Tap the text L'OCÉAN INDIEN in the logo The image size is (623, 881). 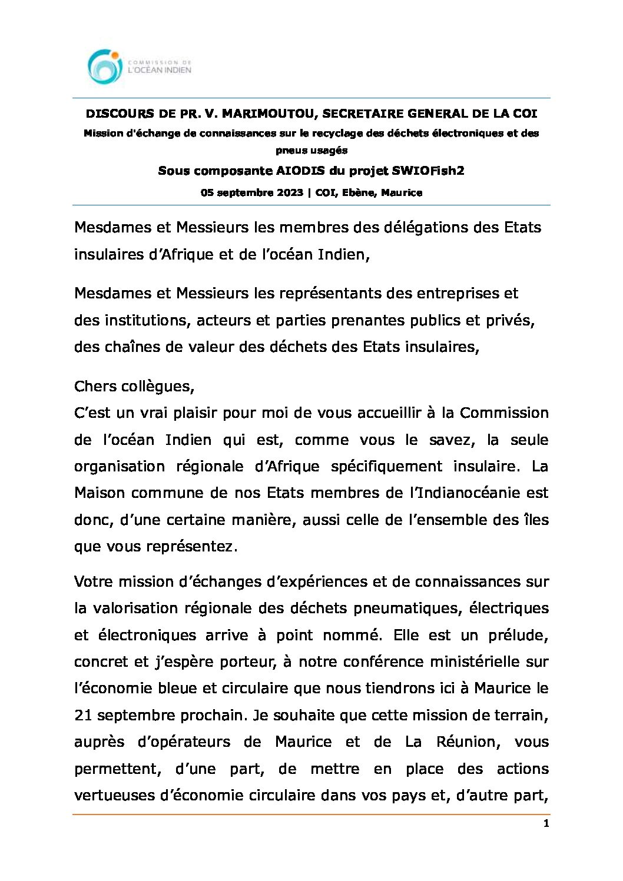160,70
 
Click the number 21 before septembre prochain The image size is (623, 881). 83,715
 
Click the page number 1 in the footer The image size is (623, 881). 546,824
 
